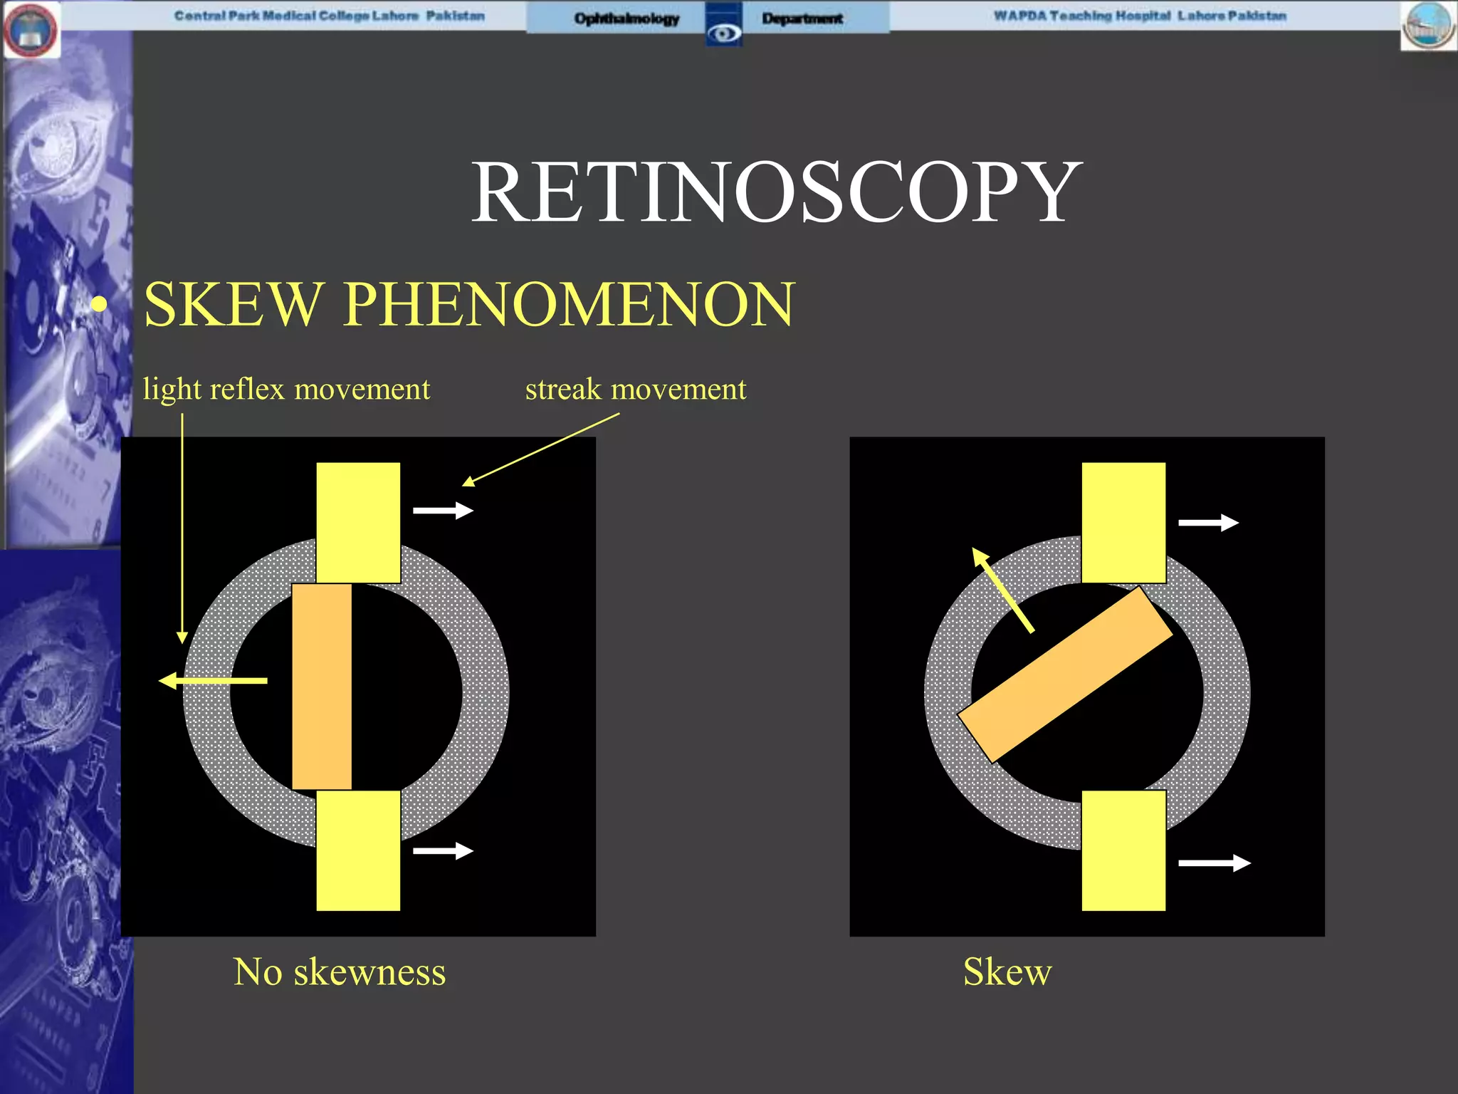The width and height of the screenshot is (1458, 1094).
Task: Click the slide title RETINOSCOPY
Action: point(776,192)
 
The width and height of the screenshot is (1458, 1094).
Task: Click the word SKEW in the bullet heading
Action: point(232,305)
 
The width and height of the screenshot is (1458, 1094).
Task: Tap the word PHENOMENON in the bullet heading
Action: point(568,305)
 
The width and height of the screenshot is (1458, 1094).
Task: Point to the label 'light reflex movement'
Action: point(286,390)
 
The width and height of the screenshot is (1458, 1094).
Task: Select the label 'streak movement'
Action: point(636,390)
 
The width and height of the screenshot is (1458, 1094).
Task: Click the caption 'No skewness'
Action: point(340,971)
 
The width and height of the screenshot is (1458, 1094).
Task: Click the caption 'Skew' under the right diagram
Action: point(1007,971)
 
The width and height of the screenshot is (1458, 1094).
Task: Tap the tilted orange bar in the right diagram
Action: point(1065,674)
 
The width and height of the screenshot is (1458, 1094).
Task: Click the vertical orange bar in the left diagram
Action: point(322,687)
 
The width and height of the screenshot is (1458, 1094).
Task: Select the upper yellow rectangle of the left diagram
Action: point(358,522)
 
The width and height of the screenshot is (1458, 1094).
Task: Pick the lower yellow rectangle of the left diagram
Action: point(358,850)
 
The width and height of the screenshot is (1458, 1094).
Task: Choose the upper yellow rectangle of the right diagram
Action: point(1123,522)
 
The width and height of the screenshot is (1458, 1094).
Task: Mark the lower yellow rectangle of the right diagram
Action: point(1123,850)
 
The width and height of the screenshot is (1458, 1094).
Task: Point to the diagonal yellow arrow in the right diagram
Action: point(1002,590)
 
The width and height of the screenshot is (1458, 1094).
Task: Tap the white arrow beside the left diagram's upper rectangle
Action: point(443,510)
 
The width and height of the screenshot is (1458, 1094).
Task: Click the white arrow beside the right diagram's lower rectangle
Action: point(1214,863)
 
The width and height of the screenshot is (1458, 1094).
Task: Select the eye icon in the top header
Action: point(724,33)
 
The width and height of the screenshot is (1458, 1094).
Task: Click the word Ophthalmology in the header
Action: point(626,19)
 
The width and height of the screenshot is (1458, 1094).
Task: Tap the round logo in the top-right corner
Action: point(1428,26)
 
